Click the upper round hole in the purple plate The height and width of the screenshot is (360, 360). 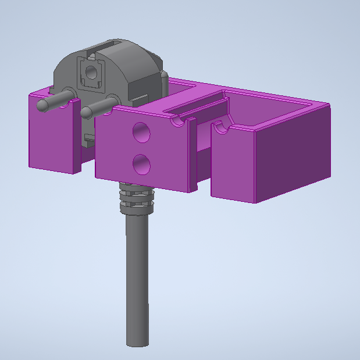point(141,133)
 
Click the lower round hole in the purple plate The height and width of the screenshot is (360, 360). point(141,165)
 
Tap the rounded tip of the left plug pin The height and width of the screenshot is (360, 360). point(42,105)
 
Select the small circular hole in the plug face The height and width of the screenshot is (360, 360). point(91,72)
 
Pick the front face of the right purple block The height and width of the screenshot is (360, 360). point(233,166)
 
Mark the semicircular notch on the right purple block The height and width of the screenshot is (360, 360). point(220,127)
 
